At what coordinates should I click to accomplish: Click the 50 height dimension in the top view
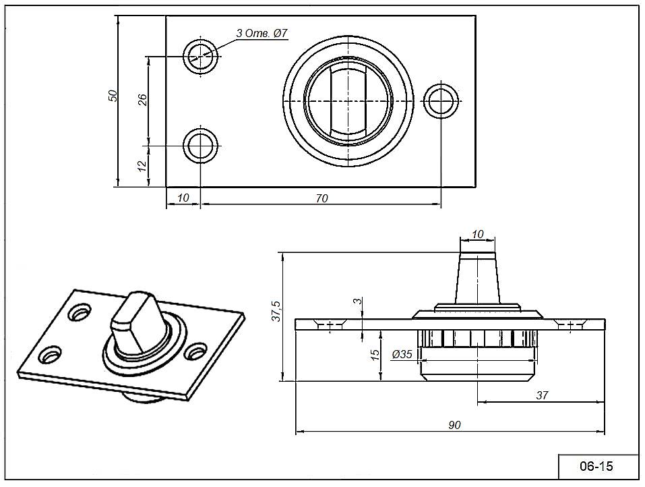(114, 95)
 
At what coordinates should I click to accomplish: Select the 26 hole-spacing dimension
(142, 100)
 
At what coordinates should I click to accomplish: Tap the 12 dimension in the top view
(142, 165)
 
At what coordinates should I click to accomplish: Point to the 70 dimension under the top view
(321, 198)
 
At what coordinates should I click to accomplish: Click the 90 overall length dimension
(454, 425)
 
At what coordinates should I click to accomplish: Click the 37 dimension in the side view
(541, 396)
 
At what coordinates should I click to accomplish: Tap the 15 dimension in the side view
(375, 355)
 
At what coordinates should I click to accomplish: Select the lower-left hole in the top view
(202, 146)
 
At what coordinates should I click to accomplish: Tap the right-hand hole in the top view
(441, 101)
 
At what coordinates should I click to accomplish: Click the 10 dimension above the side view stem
(478, 234)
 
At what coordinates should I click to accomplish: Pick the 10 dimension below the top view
(183, 198)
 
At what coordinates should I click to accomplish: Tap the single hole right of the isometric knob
(195, 351)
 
